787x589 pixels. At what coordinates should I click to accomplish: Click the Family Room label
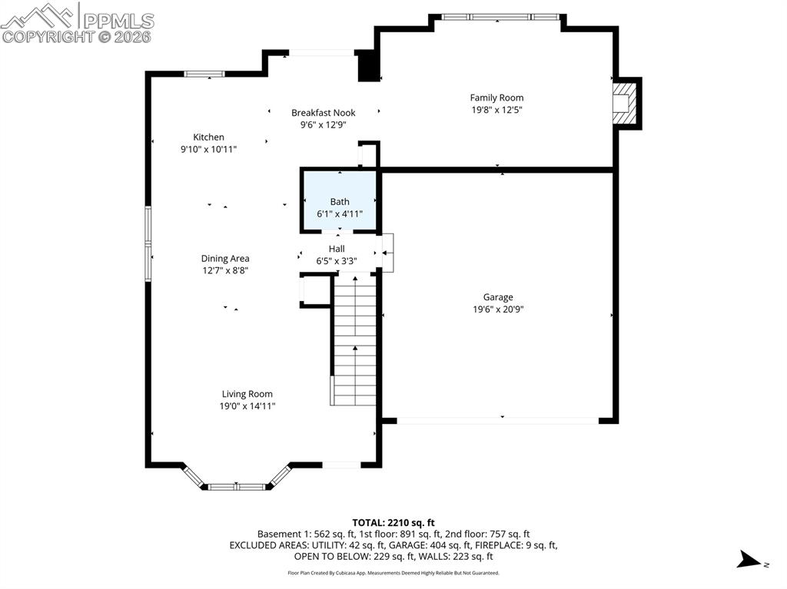496,98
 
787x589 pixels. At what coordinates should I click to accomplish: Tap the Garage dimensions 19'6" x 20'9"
497,309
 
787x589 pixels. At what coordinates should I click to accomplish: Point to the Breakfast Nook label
323,113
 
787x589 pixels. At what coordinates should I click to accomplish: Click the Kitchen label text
208,137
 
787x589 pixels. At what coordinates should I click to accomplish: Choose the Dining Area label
225,259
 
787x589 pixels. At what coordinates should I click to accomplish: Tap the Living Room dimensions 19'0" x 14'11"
247,406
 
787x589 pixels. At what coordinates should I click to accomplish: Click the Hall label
337,249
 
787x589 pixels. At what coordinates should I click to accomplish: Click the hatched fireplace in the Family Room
625,103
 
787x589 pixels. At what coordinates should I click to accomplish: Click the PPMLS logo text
117,20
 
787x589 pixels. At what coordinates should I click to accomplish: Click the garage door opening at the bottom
497,420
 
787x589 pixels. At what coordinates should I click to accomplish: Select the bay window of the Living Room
237,485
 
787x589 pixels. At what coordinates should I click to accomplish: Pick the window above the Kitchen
204,74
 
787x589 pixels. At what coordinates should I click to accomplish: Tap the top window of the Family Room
499,17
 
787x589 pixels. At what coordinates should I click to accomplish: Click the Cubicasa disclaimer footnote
393,573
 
